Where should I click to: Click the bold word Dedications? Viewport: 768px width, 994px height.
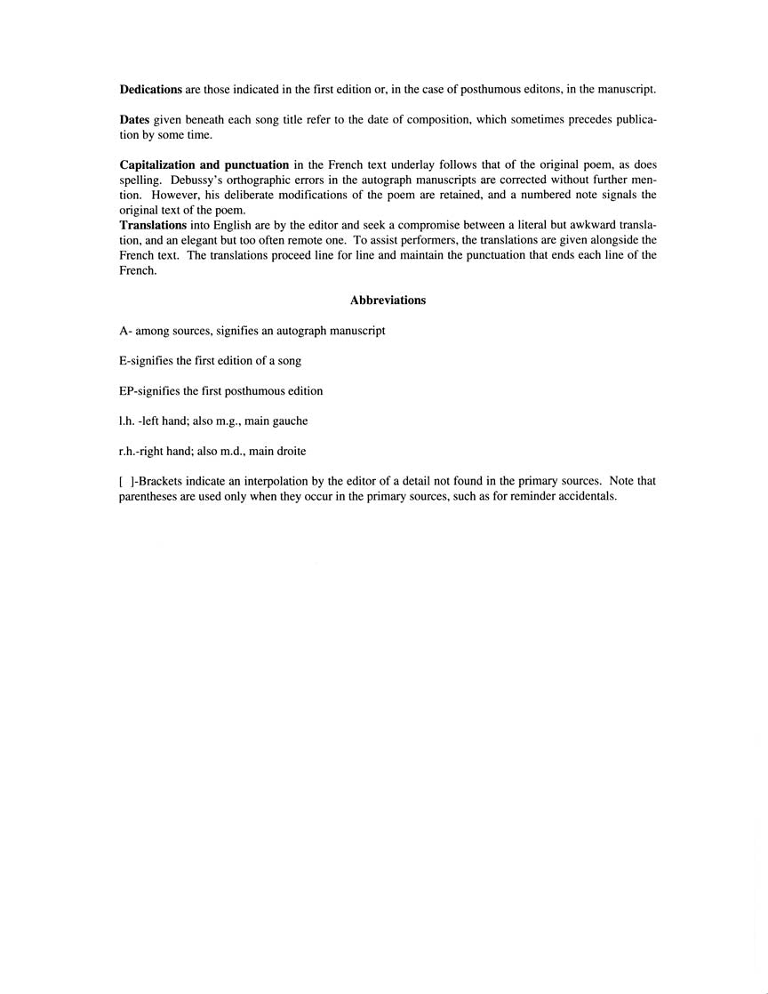150,90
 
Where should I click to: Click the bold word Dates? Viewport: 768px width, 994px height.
135,119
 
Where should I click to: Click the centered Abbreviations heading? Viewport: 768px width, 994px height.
388,301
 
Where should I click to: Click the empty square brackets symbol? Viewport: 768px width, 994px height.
124,481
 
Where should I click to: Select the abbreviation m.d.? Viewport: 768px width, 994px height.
230,452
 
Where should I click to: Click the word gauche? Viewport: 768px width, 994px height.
290,421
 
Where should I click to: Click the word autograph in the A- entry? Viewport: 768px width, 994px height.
298,332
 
